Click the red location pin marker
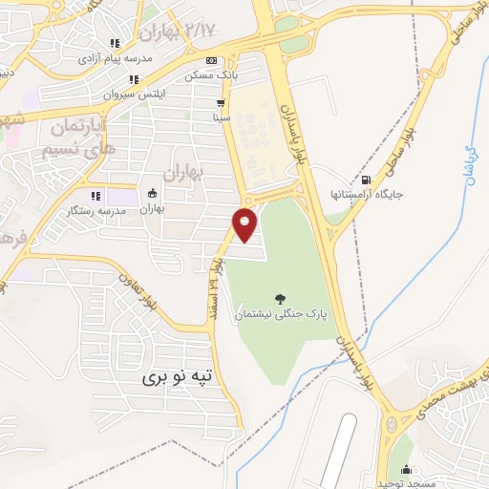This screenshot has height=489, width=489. click(245, 223)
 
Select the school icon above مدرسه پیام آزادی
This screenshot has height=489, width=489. click(116, 43)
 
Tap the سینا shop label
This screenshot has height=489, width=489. click(222, 117)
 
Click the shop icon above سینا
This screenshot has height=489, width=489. click(222, 103)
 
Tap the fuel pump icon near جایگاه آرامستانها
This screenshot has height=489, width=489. click(368, 180)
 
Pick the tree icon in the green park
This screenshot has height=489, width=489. click(280, 299)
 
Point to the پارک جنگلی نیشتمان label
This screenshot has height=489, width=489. click(281, 313)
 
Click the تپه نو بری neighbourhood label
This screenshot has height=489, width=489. click(181, 377)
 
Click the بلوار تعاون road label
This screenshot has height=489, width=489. click(139, 292)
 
